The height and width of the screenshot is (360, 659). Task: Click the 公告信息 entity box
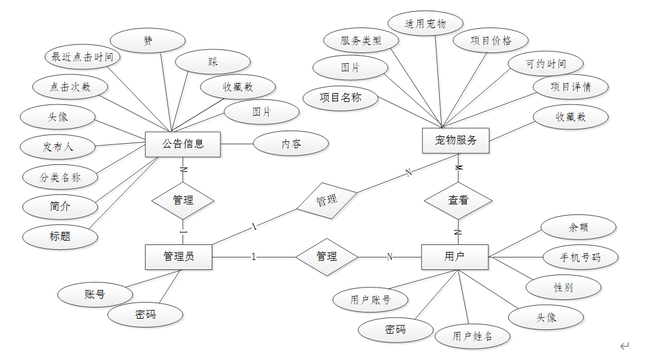click(183, 144)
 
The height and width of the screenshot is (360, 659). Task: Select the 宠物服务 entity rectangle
click(456, 141)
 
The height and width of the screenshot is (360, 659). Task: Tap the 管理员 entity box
click(179, 256)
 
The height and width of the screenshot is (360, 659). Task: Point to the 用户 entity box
click(455, 256)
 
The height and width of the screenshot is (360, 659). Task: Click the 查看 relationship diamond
click(458, 201)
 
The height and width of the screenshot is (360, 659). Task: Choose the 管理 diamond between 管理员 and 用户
click(327, 256)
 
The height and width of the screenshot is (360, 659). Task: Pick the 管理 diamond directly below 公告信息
click(183, 201)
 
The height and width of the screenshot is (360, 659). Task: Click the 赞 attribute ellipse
click(148, 41)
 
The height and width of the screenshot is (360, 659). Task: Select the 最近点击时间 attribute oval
click(82, 57)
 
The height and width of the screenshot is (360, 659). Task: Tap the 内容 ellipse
click(290, 144)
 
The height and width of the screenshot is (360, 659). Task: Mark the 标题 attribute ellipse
click(61, 236)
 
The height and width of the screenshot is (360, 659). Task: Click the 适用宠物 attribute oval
click(425, 24)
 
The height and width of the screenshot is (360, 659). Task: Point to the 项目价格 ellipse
click(491, 41)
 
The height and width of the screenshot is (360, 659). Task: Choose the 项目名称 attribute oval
click(340, 97)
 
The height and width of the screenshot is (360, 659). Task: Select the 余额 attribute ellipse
click(578, 227)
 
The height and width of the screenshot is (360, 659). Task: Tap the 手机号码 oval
click(580, 257)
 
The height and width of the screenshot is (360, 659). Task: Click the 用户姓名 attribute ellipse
click(473, 336)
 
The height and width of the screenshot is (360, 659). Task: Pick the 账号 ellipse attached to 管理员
click(95, 294)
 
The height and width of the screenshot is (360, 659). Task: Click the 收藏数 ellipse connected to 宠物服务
click(571, 117)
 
